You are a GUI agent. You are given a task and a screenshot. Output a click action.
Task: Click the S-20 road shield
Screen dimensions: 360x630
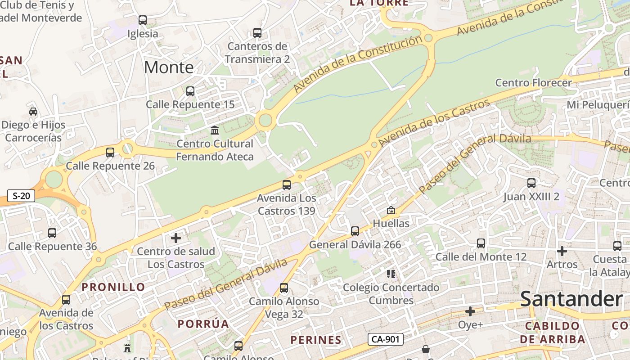pyautogui.click(x=21, y=196)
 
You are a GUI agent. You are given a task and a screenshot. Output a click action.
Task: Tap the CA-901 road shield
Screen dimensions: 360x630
pyautogui.click(x=385, y=339)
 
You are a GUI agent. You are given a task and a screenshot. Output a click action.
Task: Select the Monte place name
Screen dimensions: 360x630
pyautogui.click(x=169, y=67)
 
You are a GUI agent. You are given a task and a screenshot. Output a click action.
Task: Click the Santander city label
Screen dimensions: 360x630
pyautogui.click(x=571, y=299)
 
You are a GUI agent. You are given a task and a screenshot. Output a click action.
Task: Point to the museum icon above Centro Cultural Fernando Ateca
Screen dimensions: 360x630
pyautogui.click(x=215, y=130)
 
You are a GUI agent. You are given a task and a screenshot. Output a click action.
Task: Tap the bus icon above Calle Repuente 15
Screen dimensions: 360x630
pyautogui.click(x=190, y=91)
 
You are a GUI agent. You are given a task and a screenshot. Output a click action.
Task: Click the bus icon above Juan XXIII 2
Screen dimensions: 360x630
pyautogui.click(x=531, y=183)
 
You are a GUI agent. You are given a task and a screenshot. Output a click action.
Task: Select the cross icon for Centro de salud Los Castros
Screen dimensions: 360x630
pyautogui.click(x=176, y=238)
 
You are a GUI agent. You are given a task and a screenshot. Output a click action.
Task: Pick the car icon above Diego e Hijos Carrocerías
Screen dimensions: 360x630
pyautogui.click(x=33, y=112)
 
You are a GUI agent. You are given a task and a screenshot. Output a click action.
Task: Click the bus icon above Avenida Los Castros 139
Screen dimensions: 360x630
pyautogui.click(x=286, y=184)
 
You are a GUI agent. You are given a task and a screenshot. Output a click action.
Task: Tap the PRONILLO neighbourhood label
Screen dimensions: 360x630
pyautogui.click(x=113, y=287)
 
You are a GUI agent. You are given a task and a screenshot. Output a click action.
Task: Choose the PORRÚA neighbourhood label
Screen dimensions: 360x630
pyautogui.click(x=203, y=324)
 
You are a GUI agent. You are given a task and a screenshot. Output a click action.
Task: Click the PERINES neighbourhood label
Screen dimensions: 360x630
pyautogui.click(x=316, y=340)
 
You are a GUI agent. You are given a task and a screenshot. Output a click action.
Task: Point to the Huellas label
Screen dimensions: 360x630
pyautogui.click(x=391, y=223)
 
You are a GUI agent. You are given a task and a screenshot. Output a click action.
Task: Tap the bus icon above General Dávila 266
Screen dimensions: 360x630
pyautogui.click(x=355, y=231)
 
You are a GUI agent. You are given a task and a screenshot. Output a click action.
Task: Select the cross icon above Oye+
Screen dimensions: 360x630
pyautogui.click(x=470, y=311)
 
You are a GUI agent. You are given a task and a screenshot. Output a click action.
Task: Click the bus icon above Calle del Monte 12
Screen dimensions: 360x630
pyautogui.click(x=481, y=243)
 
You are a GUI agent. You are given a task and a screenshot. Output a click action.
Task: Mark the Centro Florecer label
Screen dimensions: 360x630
pyautogui.click(x=533, y=83)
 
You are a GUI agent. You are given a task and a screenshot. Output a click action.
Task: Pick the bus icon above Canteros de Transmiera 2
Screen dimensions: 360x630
pyautogui.click(x=257, y=33)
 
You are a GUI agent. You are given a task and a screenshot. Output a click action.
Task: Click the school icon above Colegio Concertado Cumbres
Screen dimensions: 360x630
pyautogui.click(x=391, y=274)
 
